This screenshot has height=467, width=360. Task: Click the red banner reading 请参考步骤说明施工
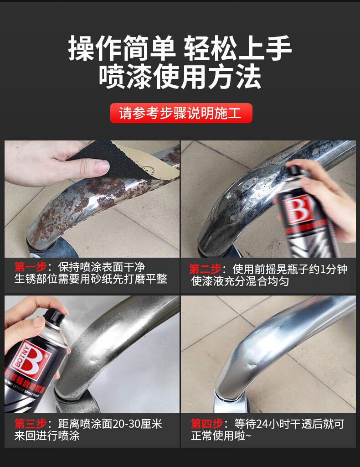click(x=181, y=113)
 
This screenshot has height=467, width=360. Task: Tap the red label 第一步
click(x=31, y=266)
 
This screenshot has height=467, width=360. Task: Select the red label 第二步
click(x=205, y=269)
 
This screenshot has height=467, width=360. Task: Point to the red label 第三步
click(x=31, y=424)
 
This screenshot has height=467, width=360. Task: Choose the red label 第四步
click(x=207, y=424)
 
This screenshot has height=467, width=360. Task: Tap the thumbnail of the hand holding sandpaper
click(x=92, y=199)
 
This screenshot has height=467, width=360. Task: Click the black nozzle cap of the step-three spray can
click(x=54, y=316)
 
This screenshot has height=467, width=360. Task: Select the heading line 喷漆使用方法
click(x=180, y=77)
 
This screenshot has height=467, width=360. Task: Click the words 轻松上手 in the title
click(x=237, y=48)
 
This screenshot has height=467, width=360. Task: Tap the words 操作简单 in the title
click(x=122, y=48)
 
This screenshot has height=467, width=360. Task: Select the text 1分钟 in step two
click(x=335, y=269)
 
